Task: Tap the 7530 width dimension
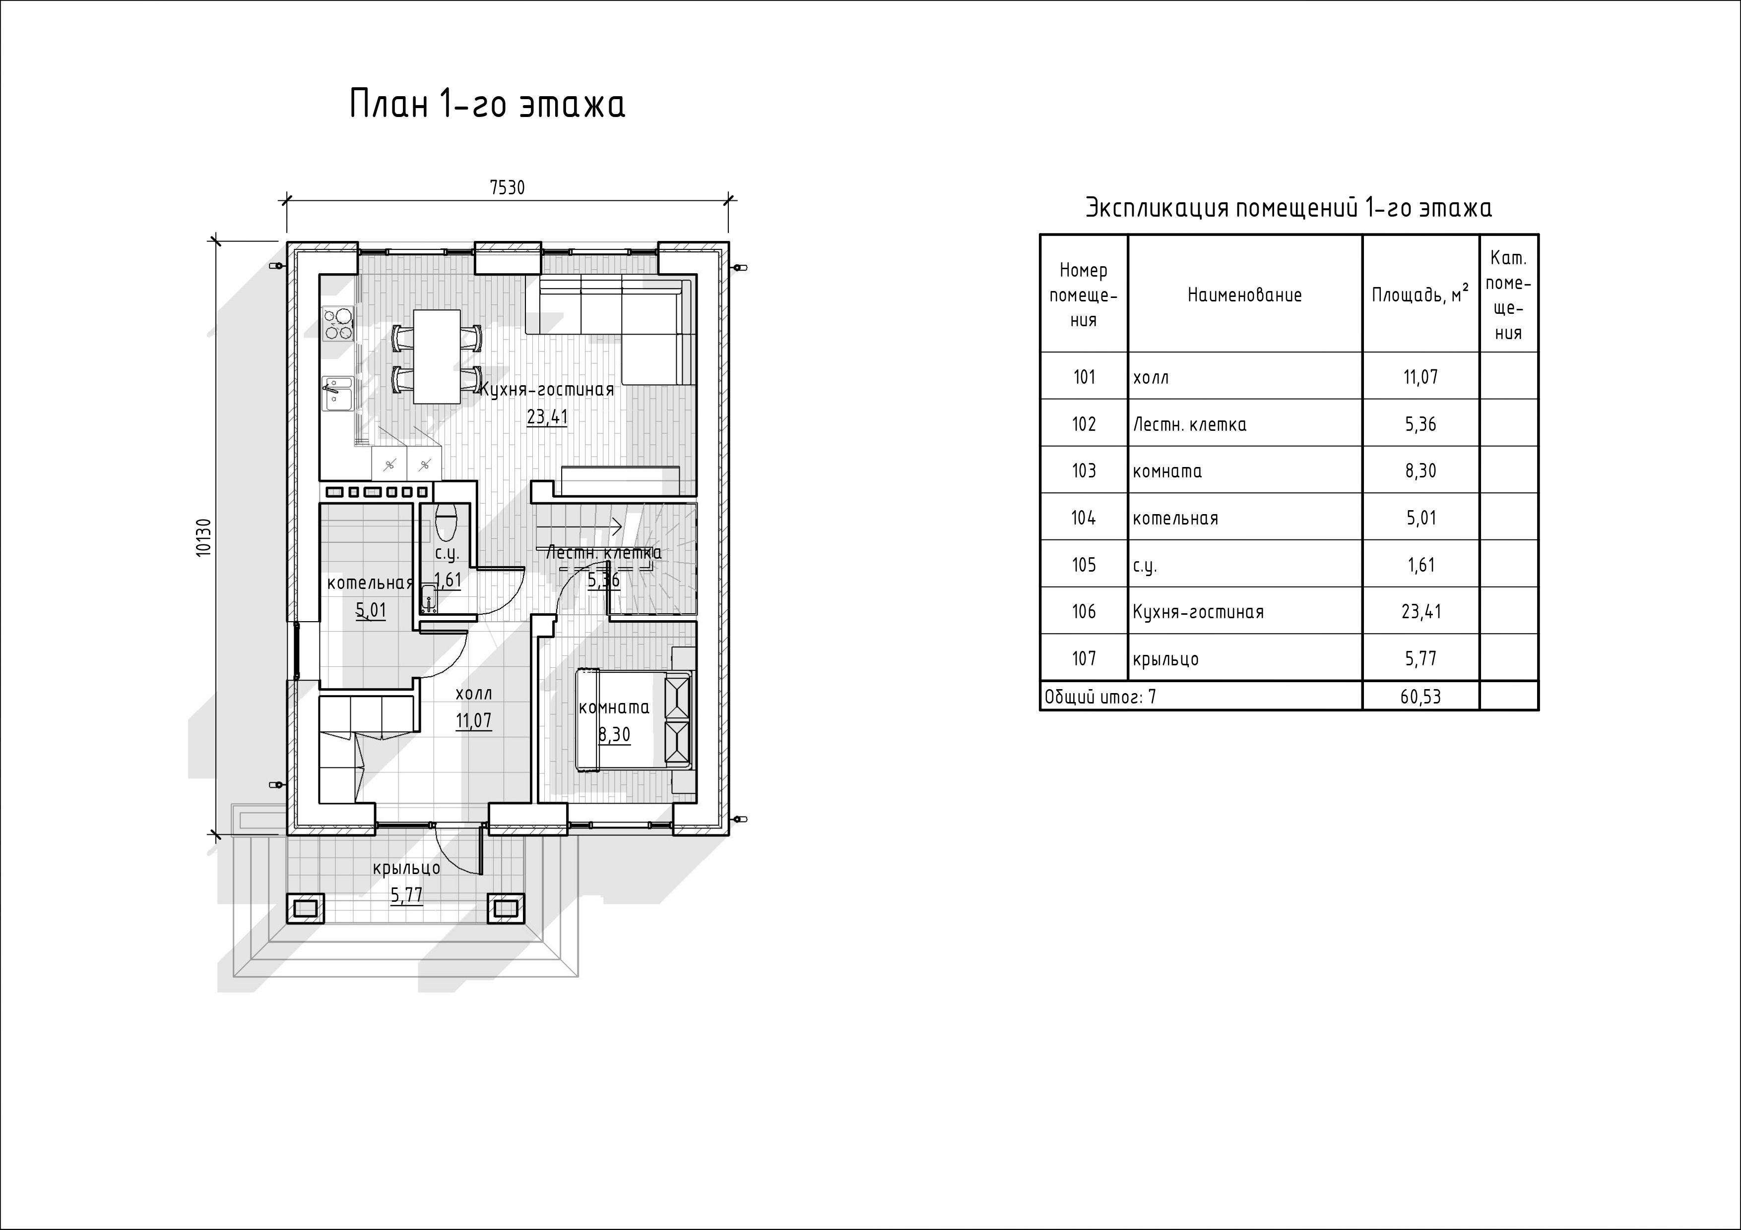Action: point(507,187)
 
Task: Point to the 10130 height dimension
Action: point(203,538)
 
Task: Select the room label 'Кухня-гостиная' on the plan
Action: point(547,390)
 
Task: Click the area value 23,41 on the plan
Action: point(547,417)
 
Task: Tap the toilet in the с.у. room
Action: point(446,519)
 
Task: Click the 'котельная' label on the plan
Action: point(370,583)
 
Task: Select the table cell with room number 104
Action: point(1084,518)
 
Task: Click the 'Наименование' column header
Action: point(1244,295)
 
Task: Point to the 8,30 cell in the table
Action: point(1420,470)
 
